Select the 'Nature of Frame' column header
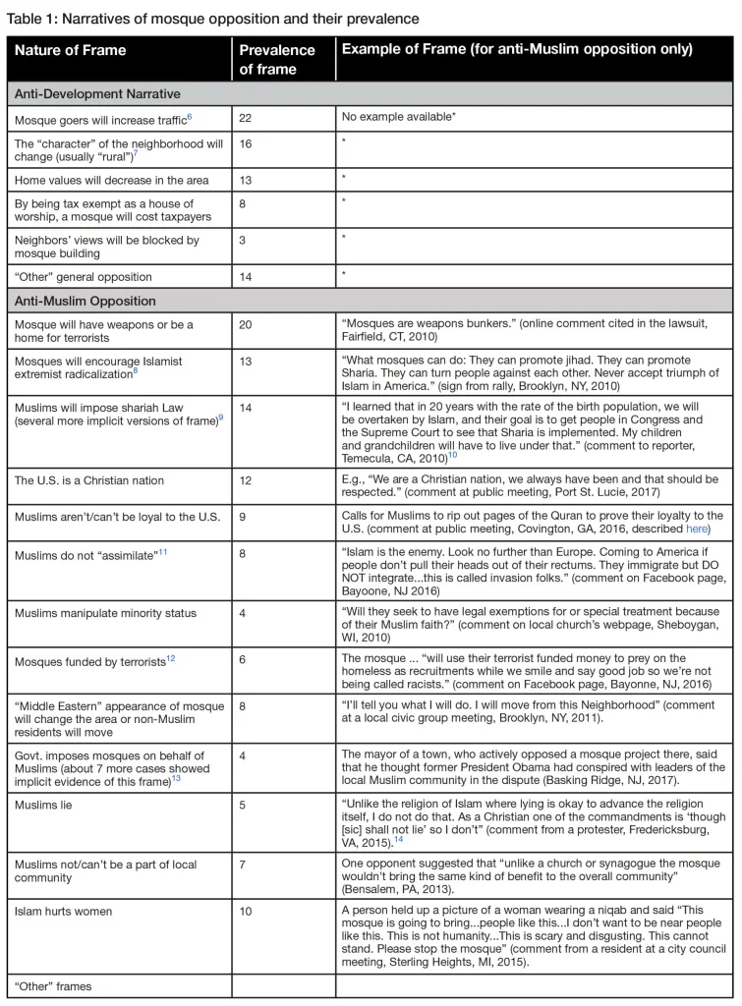pos(70,51)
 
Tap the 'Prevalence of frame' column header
pos(277,59)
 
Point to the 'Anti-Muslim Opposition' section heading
pos(86,301)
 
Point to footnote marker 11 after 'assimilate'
pos(163,553)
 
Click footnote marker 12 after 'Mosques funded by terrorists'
pos(172,660)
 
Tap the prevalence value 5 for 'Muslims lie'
pos(244,817)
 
